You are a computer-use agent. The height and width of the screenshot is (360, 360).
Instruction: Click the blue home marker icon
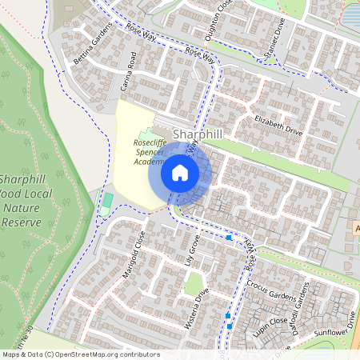point(180,172)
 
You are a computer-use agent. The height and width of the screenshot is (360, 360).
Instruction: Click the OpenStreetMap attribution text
point(82,354)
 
